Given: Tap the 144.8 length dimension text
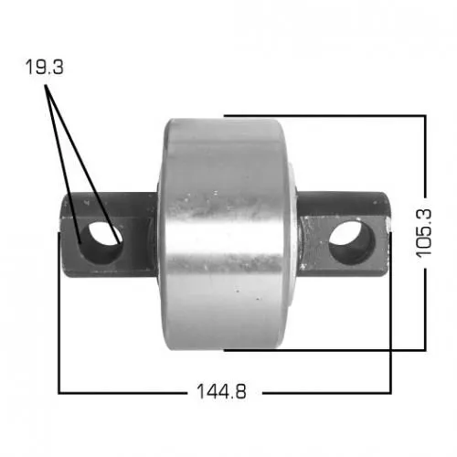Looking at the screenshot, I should tap(221, 392).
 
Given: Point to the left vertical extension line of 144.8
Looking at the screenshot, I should tap(59, 329).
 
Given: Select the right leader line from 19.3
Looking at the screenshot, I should tap(87, 155).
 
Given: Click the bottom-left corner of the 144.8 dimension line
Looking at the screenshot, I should tap(59, 392).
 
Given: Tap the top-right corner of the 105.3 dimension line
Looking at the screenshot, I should tap(425, 115).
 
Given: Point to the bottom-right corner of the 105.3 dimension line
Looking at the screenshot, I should tap(425, 348).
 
